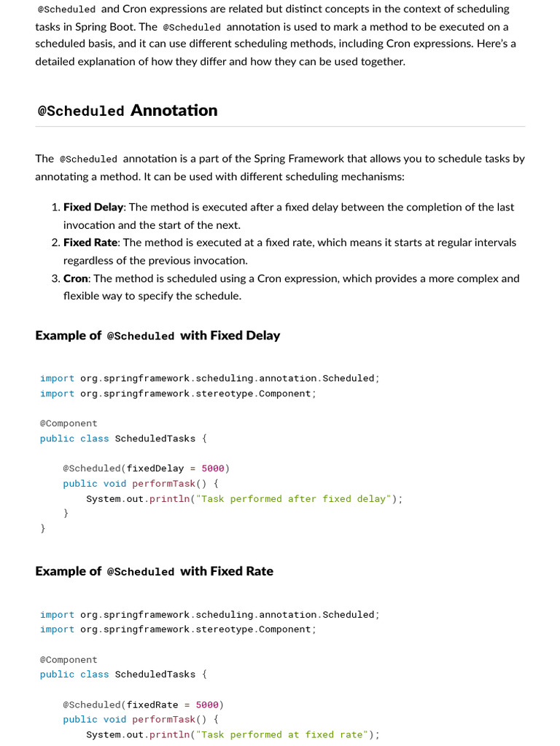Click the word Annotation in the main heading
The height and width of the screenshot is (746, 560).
tap(174, 110)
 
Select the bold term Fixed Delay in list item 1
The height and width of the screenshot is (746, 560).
tap(93, 207)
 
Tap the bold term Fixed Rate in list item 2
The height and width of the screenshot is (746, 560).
tap(90, 242)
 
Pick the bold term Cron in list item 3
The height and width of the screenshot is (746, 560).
tap(75, 278)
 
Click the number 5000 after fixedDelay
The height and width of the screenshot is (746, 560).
tap(213, 468)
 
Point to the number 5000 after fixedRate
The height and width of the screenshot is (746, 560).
tap(207, 704)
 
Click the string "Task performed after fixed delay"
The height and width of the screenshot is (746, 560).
tap(296, 498)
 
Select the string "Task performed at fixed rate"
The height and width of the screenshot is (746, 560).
tap(284, 734)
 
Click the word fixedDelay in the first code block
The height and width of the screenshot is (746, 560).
tap(155, 468)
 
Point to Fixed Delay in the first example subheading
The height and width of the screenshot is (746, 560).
tap(245, 335)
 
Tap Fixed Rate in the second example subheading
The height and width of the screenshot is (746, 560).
tap(241, 571)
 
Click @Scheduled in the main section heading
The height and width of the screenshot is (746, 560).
tap(81, 111)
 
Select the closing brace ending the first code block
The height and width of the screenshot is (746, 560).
tap(43, 528)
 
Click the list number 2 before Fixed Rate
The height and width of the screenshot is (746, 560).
tap(55, 242)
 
